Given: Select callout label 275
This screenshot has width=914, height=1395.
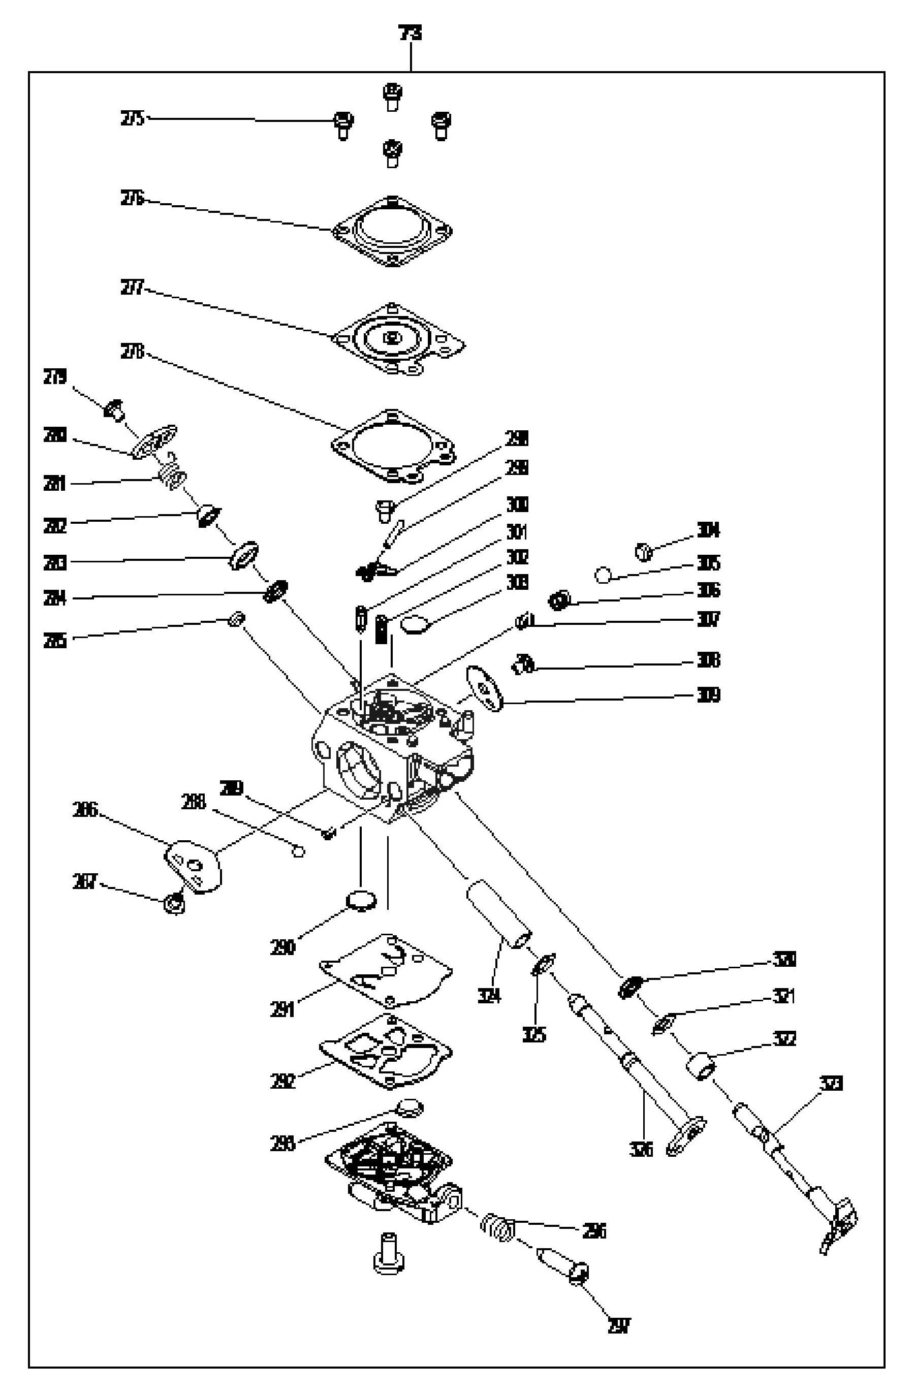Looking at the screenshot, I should click(133, 119).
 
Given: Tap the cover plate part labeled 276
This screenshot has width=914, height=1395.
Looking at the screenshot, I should click(393, 231).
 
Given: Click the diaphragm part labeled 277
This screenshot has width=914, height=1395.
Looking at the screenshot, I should click(399, 339).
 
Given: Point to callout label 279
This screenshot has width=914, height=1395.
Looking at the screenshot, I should click(55, 377).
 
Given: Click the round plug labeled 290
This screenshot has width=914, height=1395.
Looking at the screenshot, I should click(360, 900).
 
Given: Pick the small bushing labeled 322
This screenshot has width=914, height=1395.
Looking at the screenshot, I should click(701, 1067).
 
